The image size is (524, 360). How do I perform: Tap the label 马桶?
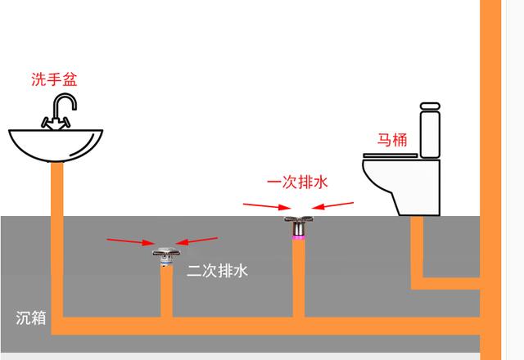point(392,139)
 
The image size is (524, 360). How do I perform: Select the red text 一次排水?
point(296,182)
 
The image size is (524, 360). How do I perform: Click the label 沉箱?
point(31,317)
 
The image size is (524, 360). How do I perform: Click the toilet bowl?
point(401,184)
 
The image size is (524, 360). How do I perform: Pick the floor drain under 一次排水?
point(299,223)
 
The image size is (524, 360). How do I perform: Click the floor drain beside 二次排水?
point(165,251)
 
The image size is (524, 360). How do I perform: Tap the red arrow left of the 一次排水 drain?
point(262,205)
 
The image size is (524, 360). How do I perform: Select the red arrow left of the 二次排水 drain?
point(130,241)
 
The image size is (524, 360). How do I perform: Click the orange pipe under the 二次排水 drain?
point(166,290)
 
